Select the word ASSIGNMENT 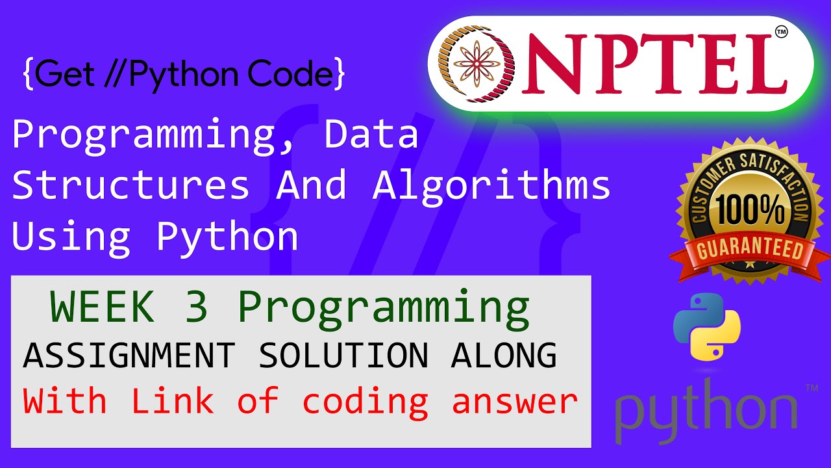click(129, 356)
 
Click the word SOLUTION click(343, 356)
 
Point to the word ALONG click(504, 356)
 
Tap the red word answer click(514, 402)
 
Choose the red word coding click(365, 402)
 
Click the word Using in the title click(71, 237)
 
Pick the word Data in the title click(371, 135)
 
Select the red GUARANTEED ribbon click(750, 250)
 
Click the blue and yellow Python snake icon click(707, 326)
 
